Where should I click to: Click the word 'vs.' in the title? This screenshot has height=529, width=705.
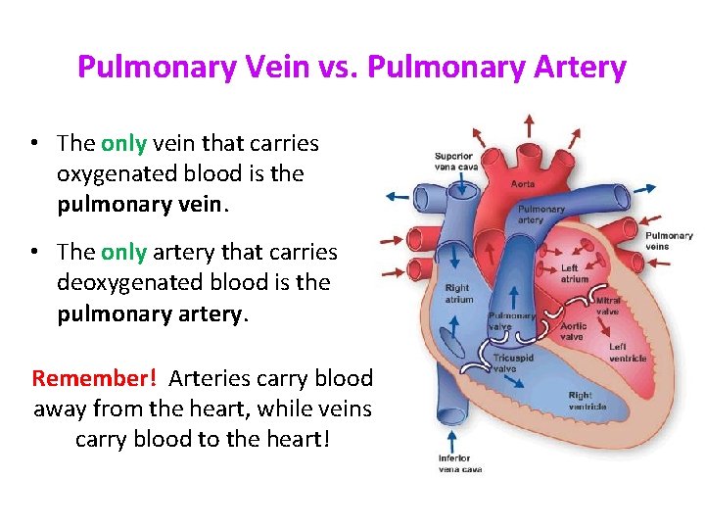(x=337, y=67)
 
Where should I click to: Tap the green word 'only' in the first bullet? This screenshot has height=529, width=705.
(x=123, y=143)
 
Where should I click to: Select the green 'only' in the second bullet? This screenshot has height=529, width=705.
(x=123, y=252)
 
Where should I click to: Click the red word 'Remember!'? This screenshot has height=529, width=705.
(x=94, y=378)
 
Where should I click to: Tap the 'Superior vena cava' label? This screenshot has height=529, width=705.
(x=454, y=161)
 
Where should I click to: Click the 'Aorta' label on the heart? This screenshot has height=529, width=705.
(x=523, y=183)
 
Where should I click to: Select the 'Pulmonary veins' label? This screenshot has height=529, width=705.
(x=669, y=241)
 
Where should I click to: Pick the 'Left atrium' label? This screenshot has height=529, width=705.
(x=575, y=273)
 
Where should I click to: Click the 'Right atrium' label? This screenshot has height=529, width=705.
(x=458, y=294)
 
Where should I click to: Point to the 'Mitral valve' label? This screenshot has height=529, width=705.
(x=608, y=306)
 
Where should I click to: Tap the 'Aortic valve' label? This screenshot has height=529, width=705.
(x=573, y=331)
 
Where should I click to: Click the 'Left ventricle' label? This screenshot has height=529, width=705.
(x=628, y=352)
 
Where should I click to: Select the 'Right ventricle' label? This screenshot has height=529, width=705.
(x=587, y=401)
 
